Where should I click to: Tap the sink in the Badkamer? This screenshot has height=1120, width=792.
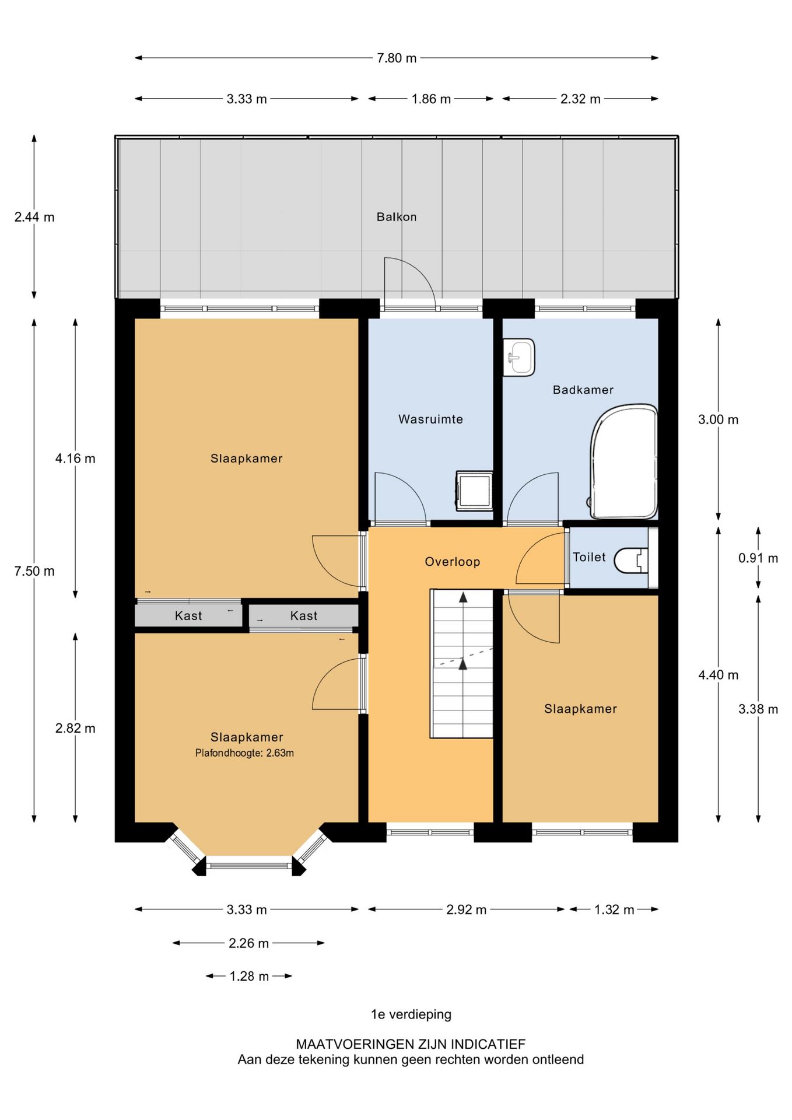(518, 357)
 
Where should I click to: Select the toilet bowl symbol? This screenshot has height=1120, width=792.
(633, 560)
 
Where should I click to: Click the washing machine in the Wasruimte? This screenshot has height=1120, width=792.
(474, 491)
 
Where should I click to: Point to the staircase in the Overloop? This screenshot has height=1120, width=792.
(462, 664)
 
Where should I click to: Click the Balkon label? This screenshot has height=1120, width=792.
(397, 217)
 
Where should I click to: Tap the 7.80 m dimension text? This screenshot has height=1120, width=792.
(397, 58)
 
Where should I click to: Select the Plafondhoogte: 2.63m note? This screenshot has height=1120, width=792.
(244, 753)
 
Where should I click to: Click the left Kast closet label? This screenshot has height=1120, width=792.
(188, 616)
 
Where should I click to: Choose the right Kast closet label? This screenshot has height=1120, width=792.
(304, 616)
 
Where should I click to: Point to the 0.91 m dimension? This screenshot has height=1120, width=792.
(758, 558)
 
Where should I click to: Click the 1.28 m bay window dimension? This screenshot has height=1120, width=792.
(249, 977)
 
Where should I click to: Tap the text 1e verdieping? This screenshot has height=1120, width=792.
(411, 1014)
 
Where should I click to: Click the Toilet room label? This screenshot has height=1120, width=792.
(589, 557)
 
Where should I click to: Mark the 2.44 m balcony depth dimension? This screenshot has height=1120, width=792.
(34, 217)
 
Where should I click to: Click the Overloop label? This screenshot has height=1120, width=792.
(452, 562)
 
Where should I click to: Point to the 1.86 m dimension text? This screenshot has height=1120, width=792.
(431, 99)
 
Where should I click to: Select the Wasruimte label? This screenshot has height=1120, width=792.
(430, 419)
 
